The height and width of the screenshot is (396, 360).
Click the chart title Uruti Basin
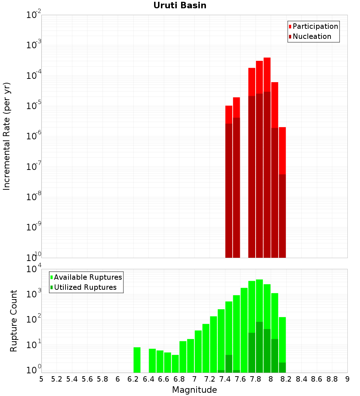click(x=180, y=5)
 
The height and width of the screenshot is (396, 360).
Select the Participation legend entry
click(x=315, y=26)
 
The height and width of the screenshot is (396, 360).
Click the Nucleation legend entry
click(x=312, y=36)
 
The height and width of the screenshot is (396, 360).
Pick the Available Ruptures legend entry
click(x=88, y=277)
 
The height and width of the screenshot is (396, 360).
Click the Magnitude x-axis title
click(x=194, y=390)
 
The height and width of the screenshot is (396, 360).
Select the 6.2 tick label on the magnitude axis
click(x=133, y=379)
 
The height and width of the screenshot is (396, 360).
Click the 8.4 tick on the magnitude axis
click(x=301, y=379)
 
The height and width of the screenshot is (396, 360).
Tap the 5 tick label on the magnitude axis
click(x=41, y=379)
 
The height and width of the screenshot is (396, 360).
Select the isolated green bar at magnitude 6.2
click(x=137, y=360)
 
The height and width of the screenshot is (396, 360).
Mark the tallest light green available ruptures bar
click(x=259, y=299)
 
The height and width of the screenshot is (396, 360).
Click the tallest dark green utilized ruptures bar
click(x=259, y=346)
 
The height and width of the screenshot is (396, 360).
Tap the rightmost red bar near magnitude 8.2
click(x=282, y=151)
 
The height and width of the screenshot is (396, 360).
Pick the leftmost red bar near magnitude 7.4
click(x=229, y=114)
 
